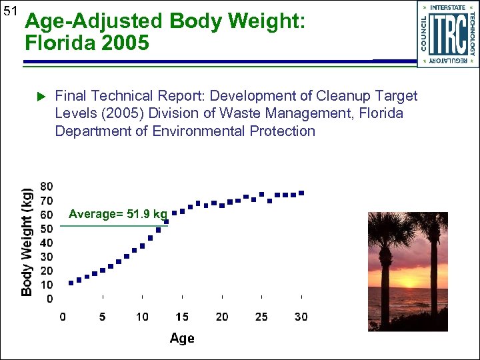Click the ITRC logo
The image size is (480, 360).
pyautogui.click(x=447, y=34)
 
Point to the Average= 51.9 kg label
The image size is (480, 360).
pyautogui.click(x=117, y=214)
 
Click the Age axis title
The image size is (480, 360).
pyautogui.click(x=182, y=338)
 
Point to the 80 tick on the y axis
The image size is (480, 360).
pyautogui.click(x=47, y=185)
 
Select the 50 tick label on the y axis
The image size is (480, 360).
pyautogui.click(x=47, y=229)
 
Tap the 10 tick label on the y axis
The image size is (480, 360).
pyautogui.click(x=47, y=285)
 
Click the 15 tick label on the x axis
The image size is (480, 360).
pyautogui.click(x=182, y=317)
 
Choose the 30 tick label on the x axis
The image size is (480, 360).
pyautogui.click(x=301, y=317)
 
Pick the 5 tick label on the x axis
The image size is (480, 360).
pyautogui.click(x=102, y=317)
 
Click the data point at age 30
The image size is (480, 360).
pyautogui.click(x=301, y=193)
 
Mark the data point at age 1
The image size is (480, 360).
pyautogui.click(x=71, y=283)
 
